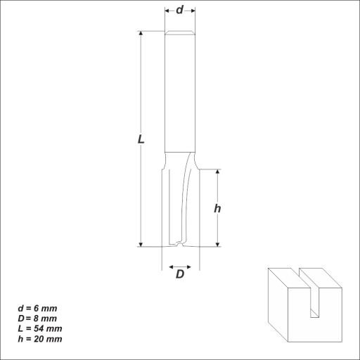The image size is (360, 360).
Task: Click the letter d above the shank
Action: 179,10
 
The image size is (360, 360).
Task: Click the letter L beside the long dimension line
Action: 141,139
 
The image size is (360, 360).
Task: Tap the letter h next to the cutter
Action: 217,208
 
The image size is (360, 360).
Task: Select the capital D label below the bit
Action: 180,274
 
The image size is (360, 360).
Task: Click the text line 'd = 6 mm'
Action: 37,308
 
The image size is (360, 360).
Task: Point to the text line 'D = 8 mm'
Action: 37,319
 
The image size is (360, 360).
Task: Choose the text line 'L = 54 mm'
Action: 40,328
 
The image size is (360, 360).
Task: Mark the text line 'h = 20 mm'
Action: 40,339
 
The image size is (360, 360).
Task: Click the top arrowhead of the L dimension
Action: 141,33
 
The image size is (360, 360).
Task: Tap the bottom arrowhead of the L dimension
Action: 141,245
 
